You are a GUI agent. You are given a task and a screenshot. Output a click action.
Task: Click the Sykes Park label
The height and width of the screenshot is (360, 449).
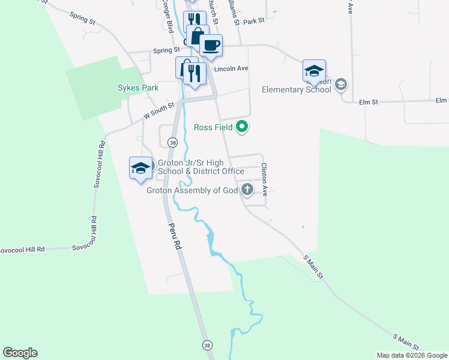point(138,88)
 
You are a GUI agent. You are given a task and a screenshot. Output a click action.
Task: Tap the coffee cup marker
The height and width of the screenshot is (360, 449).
point(211,46)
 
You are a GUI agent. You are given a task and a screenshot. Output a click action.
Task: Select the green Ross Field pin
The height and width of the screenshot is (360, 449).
point(243,127)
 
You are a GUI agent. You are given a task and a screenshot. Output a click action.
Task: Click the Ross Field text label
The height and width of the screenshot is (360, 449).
point(213,127)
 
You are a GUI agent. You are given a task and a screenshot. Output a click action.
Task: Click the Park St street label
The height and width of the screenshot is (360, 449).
point(254,21)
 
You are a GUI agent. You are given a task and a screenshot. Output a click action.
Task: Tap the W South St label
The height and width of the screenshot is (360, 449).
point(158,110)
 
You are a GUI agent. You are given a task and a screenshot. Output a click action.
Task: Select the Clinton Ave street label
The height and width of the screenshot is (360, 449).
point(264,179)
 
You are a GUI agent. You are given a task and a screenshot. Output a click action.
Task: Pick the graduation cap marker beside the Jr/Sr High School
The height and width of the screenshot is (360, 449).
point(140,168)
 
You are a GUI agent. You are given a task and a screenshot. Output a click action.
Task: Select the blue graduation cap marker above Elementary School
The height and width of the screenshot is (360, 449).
point(314,71)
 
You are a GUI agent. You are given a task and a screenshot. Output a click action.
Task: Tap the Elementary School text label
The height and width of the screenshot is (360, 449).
point(297,90)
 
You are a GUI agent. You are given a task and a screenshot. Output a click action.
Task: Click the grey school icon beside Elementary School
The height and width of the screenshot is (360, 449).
point(341,84)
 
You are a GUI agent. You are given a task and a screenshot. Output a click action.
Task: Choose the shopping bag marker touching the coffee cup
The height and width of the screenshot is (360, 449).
point(197,35)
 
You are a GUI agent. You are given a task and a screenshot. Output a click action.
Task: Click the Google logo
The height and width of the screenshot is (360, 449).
point(20,353)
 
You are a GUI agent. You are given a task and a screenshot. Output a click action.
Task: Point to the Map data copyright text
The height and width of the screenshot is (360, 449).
point(412,355)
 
